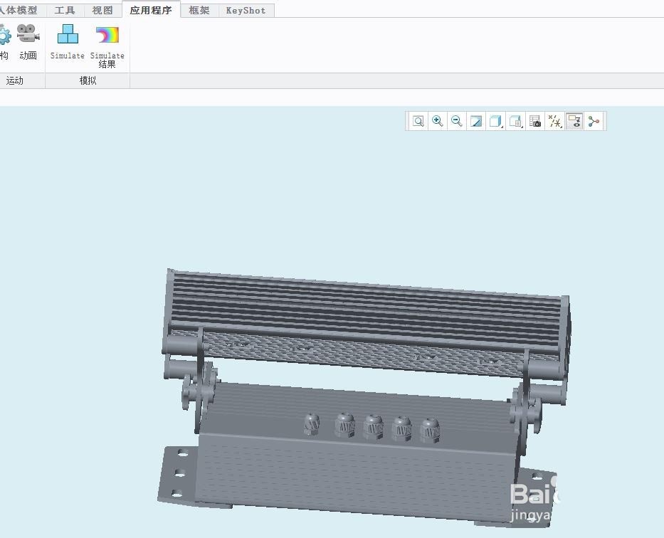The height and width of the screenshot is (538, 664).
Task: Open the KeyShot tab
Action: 246,11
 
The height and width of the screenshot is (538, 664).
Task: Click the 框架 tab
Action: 199,11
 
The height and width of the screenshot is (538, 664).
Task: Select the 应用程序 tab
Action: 150,11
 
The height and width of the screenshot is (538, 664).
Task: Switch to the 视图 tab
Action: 102,11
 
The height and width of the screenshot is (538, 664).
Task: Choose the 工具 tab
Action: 65,11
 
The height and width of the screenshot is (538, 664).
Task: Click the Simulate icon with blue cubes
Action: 68,35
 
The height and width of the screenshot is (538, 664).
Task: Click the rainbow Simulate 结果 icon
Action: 107,36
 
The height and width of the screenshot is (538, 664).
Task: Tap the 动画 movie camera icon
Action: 28,35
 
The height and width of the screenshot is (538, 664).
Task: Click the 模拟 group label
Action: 88,81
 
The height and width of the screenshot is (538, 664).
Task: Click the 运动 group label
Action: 15,81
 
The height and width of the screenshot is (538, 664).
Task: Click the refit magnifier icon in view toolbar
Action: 418,122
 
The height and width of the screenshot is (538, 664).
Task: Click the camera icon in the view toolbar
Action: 535,122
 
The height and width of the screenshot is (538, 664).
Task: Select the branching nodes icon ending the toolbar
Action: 594,122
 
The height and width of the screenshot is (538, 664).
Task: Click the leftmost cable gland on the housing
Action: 312,424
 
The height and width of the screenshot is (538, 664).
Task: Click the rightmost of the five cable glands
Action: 429,431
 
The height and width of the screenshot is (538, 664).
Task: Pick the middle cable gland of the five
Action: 373,427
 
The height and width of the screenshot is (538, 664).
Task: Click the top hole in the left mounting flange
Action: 182,453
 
